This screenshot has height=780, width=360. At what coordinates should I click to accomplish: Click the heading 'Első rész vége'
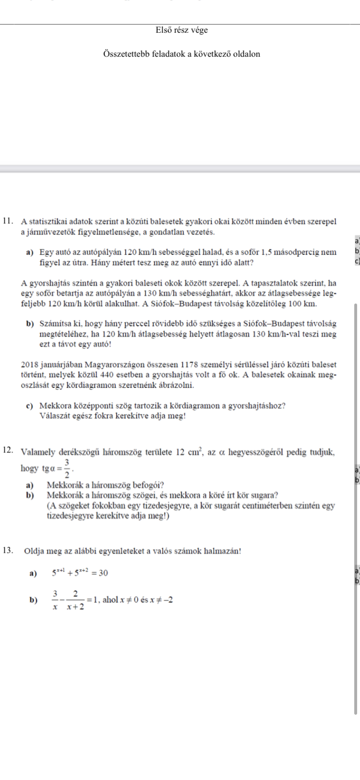tap(181, 30)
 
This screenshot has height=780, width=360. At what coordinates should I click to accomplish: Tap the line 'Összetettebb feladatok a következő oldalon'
tap(181, 54)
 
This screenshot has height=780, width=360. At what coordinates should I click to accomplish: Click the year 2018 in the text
tap(30, 366)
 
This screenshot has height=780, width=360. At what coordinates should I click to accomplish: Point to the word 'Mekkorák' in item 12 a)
tap(61, 485)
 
